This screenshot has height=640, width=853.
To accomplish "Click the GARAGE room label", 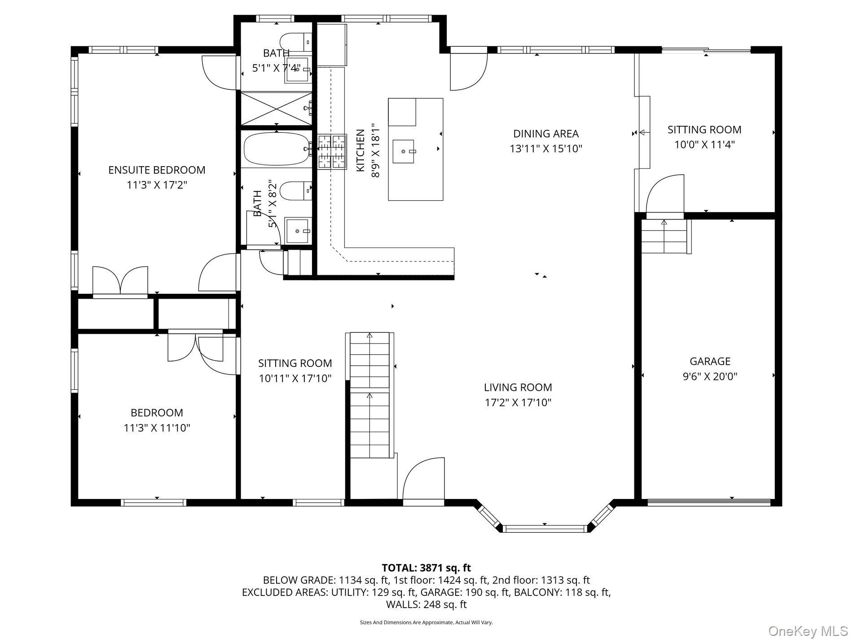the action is [x=710, y=361].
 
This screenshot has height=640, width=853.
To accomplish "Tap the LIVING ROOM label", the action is [x=518, y=387].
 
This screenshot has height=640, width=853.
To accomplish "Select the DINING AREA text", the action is [x=545, y=133].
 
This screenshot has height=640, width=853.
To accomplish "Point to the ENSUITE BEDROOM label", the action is [x=157, y=170].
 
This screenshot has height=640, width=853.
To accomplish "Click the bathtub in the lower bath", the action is [x=277, y=149].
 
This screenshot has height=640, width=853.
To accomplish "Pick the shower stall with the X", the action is [x=277, y=108].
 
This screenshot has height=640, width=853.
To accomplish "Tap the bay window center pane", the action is [x=544, y=528].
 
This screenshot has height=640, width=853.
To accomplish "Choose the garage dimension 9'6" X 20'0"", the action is [x=710, y=376].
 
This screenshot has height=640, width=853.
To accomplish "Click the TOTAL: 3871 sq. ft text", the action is [x=426, y=568].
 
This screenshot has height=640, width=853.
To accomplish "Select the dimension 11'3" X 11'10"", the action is [x=157, y=428].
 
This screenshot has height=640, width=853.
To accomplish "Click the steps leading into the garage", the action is [x=664, y=236].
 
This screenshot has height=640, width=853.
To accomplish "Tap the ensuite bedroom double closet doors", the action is [x=120, y=281].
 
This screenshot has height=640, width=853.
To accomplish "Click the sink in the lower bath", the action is [x=298, y=230].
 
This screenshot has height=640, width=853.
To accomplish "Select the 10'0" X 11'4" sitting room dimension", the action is [x=704, y=145].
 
